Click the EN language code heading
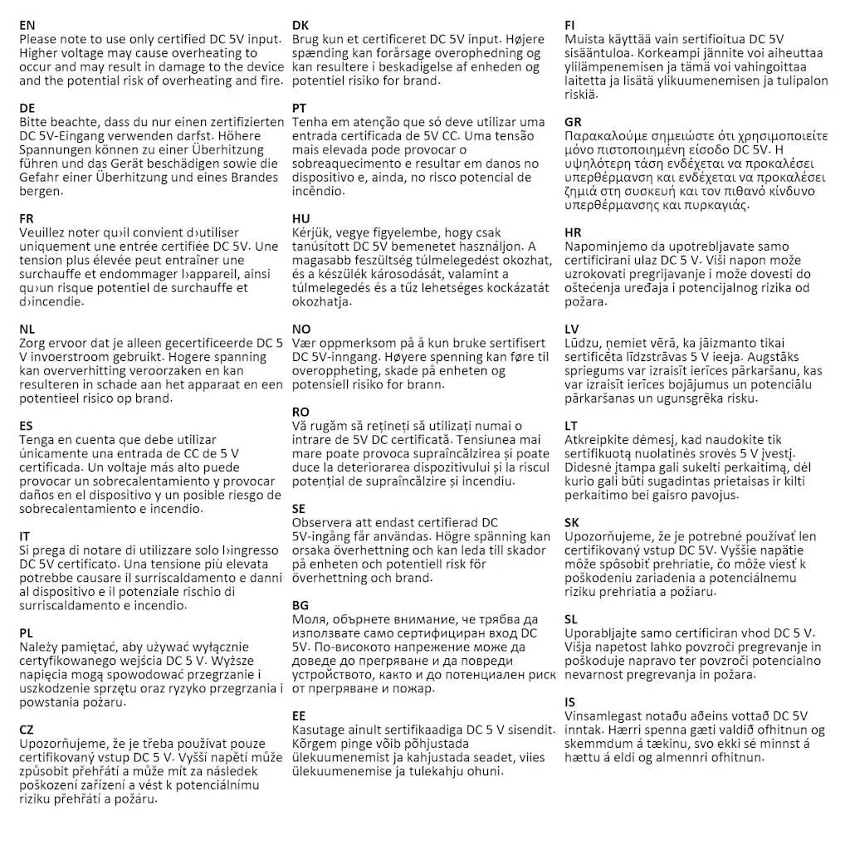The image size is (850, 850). (x=27, y=25)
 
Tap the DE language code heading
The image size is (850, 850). (x=27, y=108)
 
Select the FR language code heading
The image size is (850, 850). (x=27, y=218)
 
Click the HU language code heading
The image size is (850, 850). (x=301, y=218)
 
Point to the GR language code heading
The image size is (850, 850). (x=574, y=122)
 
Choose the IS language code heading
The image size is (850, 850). (x=569, y=702)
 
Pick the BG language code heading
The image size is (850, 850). (x=300, y=605)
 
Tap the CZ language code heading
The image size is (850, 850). (x=27, y=730)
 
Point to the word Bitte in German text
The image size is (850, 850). (x=34, y=122)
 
